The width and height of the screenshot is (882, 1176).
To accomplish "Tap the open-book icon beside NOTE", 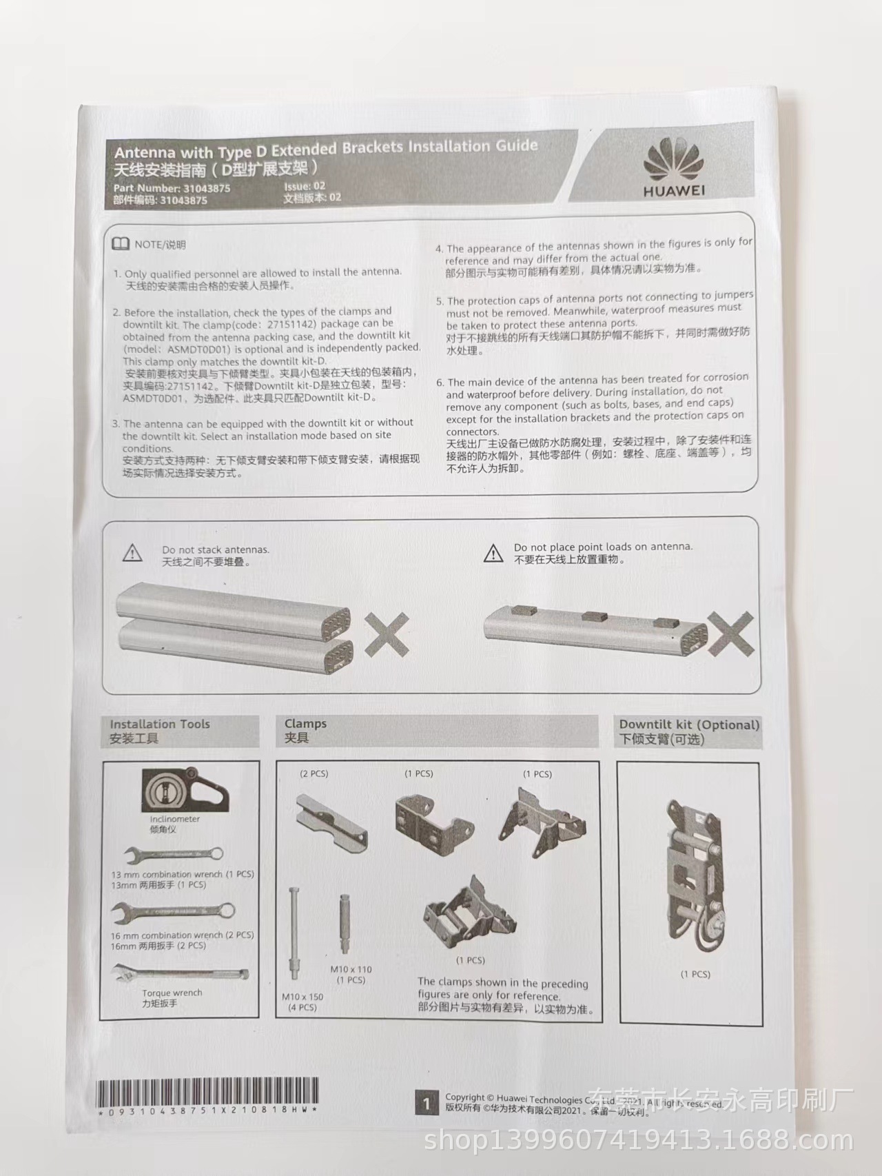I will pyautogui.click(x=121, y=244).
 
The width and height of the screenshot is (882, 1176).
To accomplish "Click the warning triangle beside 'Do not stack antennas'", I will pyautogui.click(x=132, y=553).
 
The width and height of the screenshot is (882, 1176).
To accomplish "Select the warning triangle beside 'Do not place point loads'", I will pyautogui.click(x=493, y=553).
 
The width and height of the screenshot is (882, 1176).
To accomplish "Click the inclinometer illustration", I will pyautogui.click(x=185, y=791).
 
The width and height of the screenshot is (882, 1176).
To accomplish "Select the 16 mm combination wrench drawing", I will pyautogui.click(x=173, y=915).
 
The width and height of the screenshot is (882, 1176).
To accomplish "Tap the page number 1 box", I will pyautogui.click(x=426, y=1104).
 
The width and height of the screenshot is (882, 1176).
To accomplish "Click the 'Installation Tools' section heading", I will pyautogui.click(x=160, y=724).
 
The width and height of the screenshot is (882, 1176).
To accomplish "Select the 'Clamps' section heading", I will pyautogui.click(x=305, y=724).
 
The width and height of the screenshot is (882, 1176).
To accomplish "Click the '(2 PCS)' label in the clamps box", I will pyautogui.click(x=314, y=774).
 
